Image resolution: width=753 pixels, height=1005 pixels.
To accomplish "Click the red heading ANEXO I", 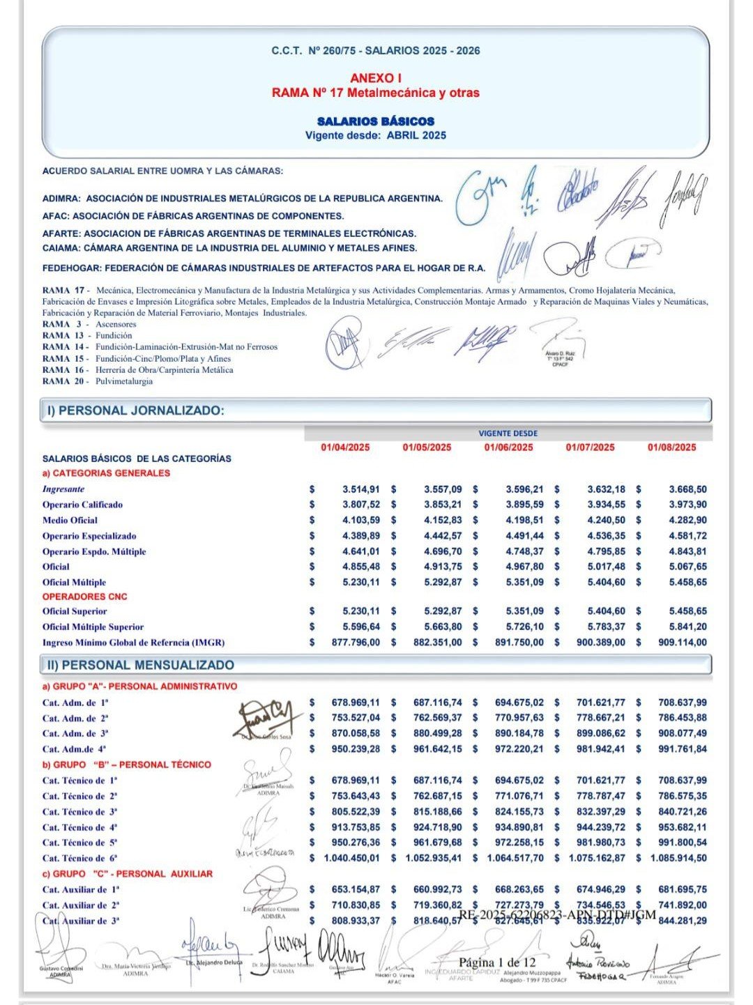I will pyautogui.click(x=375, y=78).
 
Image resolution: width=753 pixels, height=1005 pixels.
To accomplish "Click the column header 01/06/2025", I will pyautogui.click(x=508, y=447).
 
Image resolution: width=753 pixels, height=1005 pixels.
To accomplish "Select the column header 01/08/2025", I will pyautogui.click(x=671, y=447).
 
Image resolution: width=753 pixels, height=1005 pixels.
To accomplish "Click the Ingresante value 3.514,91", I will pyautogui.click(x=361, y=489).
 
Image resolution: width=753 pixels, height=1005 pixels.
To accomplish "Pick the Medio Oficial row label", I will pyautogui.click(x=70, y=520).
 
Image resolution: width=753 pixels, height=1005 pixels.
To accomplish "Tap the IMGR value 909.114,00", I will pyautogui.click(x=682, y=643).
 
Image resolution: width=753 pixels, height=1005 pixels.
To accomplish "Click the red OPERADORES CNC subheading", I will pyautogui.click(x=84, y=597).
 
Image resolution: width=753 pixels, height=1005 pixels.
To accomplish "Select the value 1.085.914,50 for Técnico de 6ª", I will pyautogui.click(x=678, y=858).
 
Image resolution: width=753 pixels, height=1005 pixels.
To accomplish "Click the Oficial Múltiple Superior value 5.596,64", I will pyautogui.click(x=361, y=627).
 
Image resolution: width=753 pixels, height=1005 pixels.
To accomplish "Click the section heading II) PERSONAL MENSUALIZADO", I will pyautogui.click(x=140, y=665).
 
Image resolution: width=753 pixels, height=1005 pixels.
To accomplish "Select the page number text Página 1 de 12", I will pyautogui.click(x=497, y=962).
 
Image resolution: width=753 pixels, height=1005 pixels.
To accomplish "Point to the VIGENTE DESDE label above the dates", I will pyautogui.click(x=508, y=434).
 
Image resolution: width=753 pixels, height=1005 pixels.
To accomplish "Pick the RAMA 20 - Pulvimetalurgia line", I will pyautogui.click(x=97, y=381).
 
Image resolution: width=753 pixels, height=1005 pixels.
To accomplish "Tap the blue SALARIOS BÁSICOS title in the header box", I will pyautogui.click(x=375, y=121).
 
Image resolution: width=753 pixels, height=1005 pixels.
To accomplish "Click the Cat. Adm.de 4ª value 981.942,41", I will pyautogui.click(x=600, y=749).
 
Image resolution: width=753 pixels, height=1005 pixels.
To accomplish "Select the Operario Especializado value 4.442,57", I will pyautogui.click(x=443, y=536).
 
